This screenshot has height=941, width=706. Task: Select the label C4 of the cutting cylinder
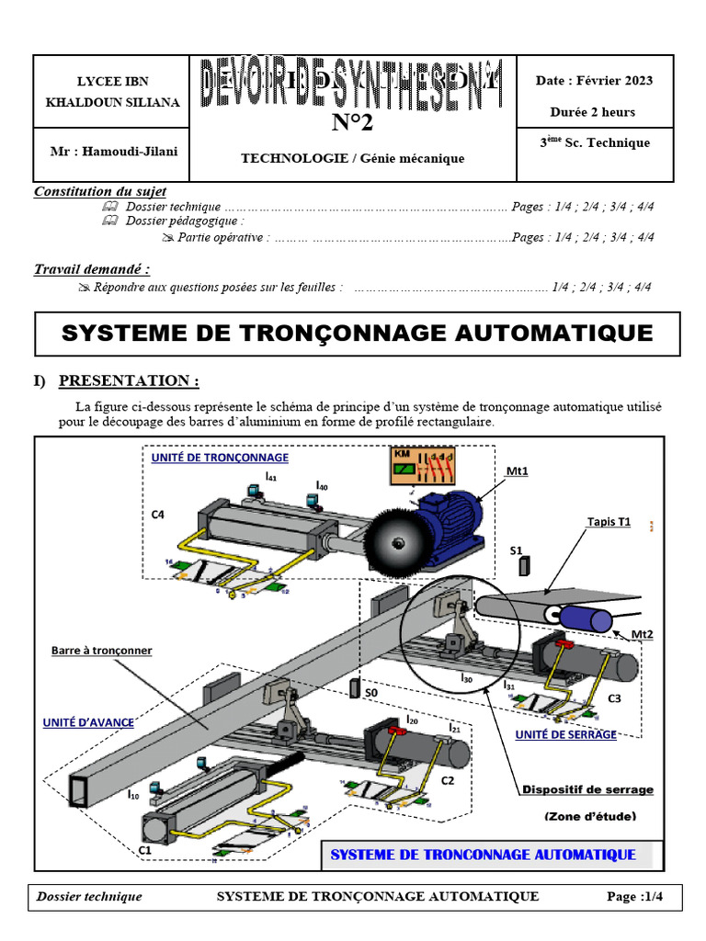158,515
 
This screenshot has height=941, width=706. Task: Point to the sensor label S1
516,550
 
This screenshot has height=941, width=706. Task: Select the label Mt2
642,634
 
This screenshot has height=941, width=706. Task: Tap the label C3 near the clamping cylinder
615,698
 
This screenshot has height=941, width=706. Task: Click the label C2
448,780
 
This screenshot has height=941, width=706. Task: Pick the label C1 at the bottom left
145,851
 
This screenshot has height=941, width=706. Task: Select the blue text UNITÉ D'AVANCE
88,722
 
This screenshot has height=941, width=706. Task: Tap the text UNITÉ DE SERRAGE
566,734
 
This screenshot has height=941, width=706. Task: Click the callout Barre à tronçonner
101,651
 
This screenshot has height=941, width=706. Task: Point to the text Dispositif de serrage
587,788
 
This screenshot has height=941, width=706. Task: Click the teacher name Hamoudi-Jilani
114,150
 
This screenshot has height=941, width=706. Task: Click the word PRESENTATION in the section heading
129,380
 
